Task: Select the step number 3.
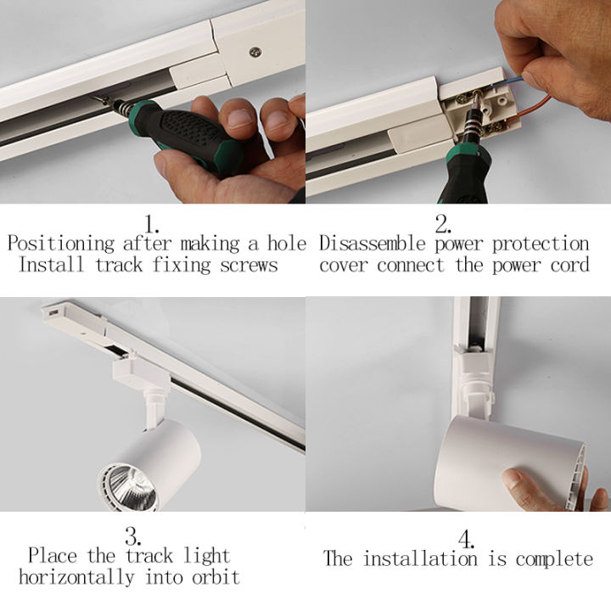(132, 536)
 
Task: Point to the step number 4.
(466, 538)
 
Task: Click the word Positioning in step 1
(60, 244)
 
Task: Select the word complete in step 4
(553, 559)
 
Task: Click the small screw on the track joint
(253, 51)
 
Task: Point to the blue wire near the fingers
(515, 75)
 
